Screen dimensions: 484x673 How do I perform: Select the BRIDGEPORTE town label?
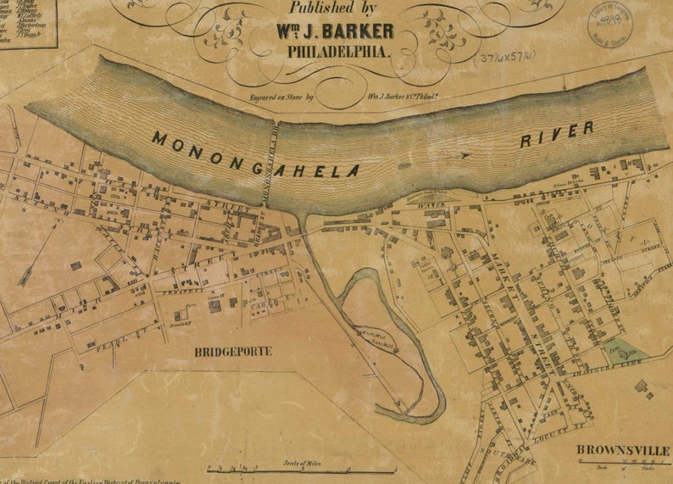click(233, 351)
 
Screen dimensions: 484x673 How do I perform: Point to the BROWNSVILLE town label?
click(624, 449)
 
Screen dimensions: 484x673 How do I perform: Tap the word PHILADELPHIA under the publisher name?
click(339, 52)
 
